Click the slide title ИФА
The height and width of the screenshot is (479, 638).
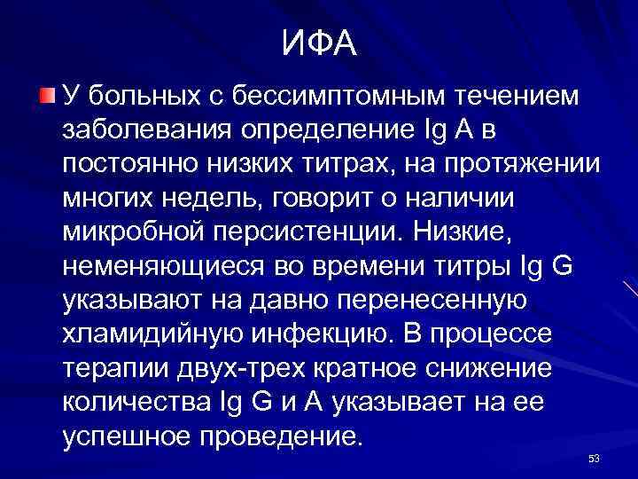tap(320, 43)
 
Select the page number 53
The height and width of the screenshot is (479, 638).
tap(594, 459)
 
